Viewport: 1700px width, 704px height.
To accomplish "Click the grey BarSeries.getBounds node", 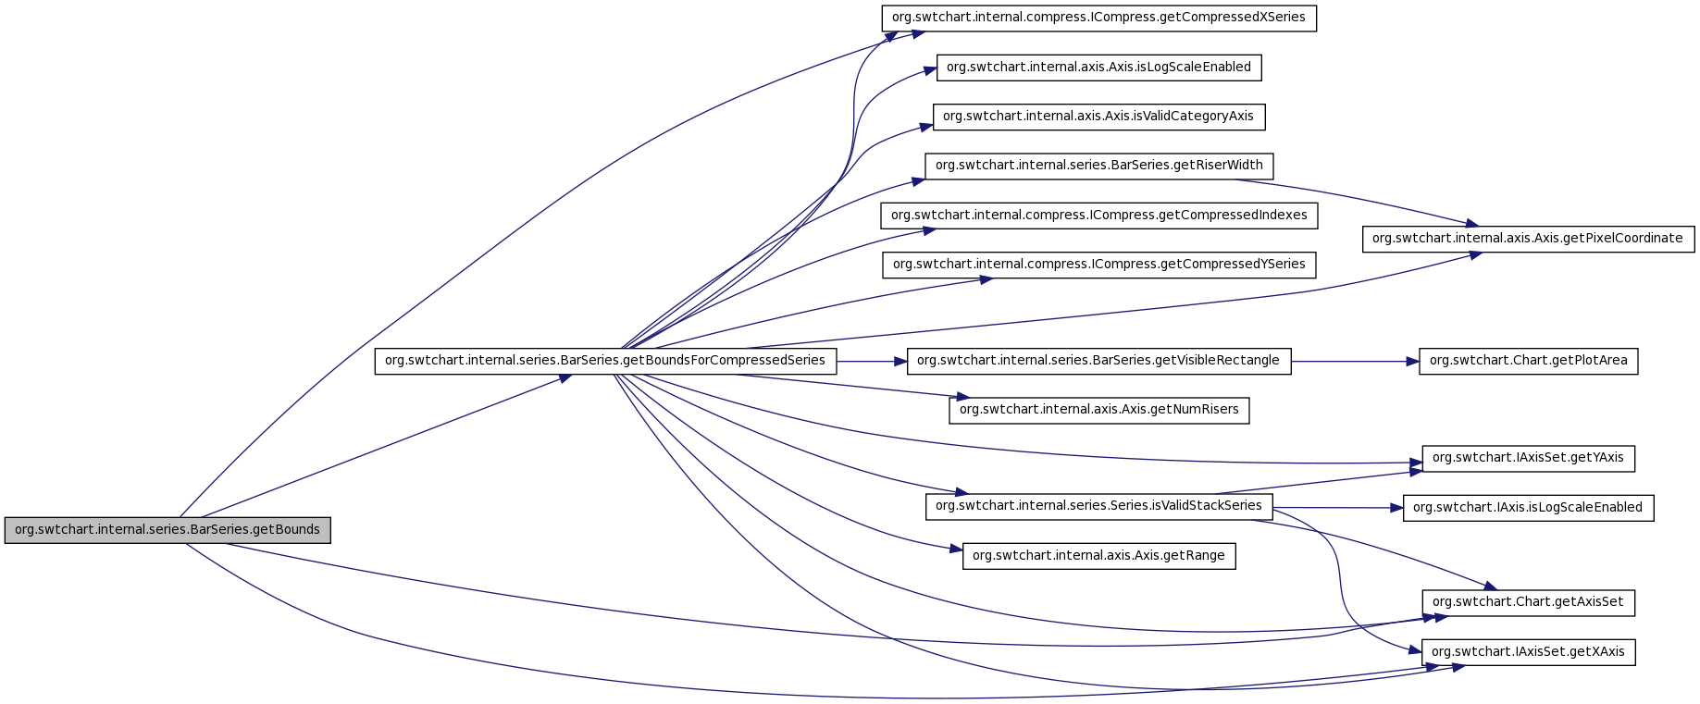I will [168, 530].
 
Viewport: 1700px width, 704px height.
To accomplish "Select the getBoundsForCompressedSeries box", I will [605, 361].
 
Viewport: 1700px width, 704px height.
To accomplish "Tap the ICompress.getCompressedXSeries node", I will [1098, 18].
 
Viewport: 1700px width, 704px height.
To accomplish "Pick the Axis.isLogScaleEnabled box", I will [1098, 68].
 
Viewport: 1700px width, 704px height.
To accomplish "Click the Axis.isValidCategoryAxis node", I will [1098, 117].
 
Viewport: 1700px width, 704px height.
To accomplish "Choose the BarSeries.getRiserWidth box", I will [1098, 166].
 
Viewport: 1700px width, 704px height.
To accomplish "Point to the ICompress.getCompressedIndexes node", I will [1098, 216].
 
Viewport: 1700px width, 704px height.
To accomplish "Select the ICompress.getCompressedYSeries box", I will [1098, 265].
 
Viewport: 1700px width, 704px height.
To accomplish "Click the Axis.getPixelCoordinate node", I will [1528, 239].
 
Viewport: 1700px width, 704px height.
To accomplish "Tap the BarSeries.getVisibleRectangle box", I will [1098, 361].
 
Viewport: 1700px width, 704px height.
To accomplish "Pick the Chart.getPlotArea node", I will [1528, 361].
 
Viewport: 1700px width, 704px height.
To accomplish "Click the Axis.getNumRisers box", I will [1098, 410].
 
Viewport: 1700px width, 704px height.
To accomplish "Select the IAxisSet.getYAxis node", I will [1528, 458].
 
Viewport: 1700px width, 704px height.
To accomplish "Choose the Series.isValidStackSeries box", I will [1098, 506].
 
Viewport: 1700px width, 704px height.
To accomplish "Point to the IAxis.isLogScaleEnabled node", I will [1528, 508].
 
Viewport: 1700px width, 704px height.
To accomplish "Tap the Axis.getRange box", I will [1098, 556].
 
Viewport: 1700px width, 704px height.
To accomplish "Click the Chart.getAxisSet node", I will [1528, 602].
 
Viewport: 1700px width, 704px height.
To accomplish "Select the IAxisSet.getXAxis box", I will [1528, 652].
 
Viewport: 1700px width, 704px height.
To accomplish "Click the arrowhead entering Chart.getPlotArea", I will [1413, 361].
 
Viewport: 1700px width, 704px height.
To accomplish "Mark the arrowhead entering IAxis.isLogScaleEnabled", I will [1397, 508].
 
